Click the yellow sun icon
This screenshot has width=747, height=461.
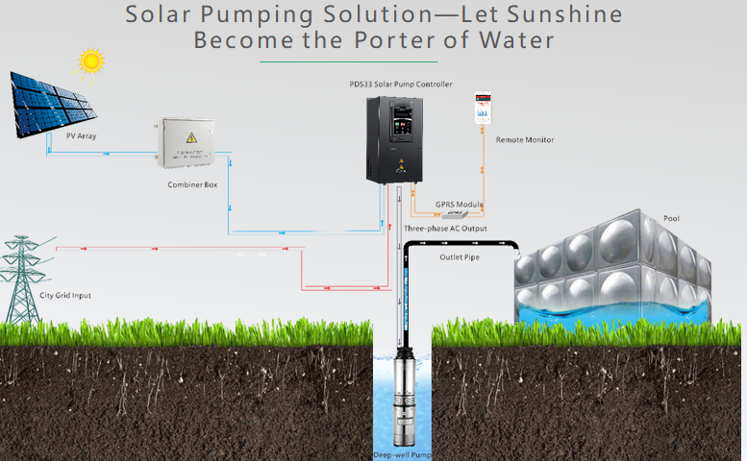91,61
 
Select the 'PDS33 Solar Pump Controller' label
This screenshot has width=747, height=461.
400,85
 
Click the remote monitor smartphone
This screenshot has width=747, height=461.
483,108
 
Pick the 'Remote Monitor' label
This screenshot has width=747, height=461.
524,140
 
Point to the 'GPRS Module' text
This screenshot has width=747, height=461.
459,205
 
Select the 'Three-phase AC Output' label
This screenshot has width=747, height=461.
445,229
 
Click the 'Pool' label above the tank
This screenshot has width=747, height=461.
671,219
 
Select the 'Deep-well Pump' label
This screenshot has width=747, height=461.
401,454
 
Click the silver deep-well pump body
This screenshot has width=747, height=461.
400,403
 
